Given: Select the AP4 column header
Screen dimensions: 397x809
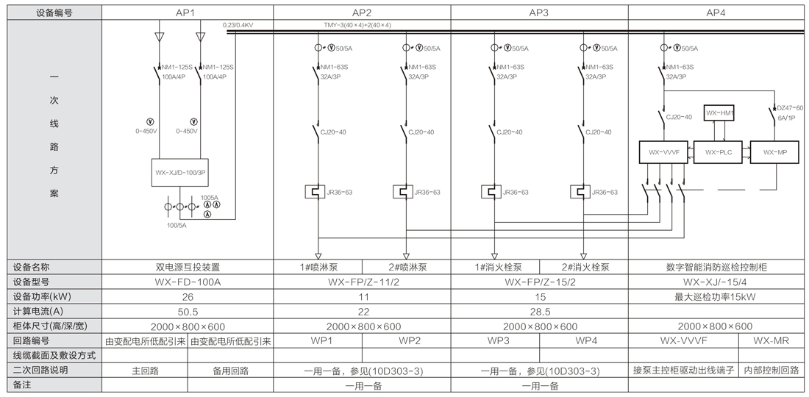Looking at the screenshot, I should tap(715, 12).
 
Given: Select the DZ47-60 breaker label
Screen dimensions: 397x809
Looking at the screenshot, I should tap(790, 108).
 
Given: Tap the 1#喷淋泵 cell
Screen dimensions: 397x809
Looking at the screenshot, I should tap(318, 268).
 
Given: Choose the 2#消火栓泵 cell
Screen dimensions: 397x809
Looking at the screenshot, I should tap(585, 268).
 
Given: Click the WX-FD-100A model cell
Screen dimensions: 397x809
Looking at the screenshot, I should tap(187, 282).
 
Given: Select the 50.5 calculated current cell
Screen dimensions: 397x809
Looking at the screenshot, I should tap(187, 311).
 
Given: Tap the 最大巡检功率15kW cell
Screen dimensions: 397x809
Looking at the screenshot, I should tap(715, 296).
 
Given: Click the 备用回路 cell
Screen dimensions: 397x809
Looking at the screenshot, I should tap(231, 370).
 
